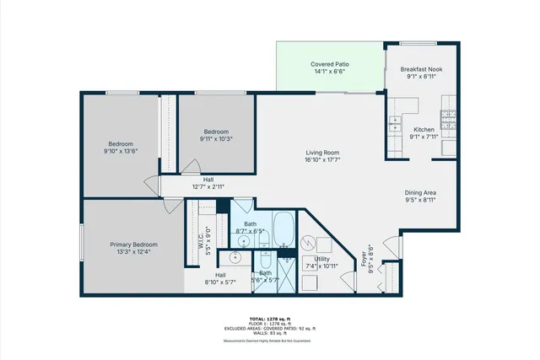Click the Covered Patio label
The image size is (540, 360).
pos(330,64)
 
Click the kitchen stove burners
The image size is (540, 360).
pos(449,116)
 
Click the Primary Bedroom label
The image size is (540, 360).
pos(134,244)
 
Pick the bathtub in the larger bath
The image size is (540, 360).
pos(284,228)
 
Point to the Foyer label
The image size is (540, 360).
pos(364,256)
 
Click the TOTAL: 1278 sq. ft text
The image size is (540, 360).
pos(270,318)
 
